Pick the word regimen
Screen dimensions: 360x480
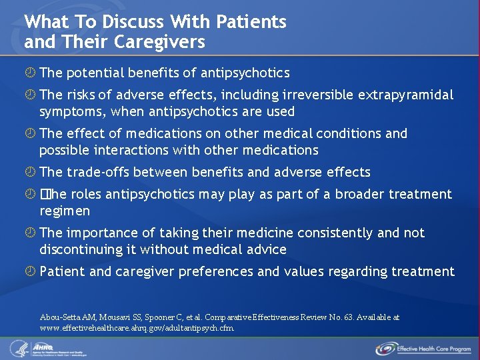64,211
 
